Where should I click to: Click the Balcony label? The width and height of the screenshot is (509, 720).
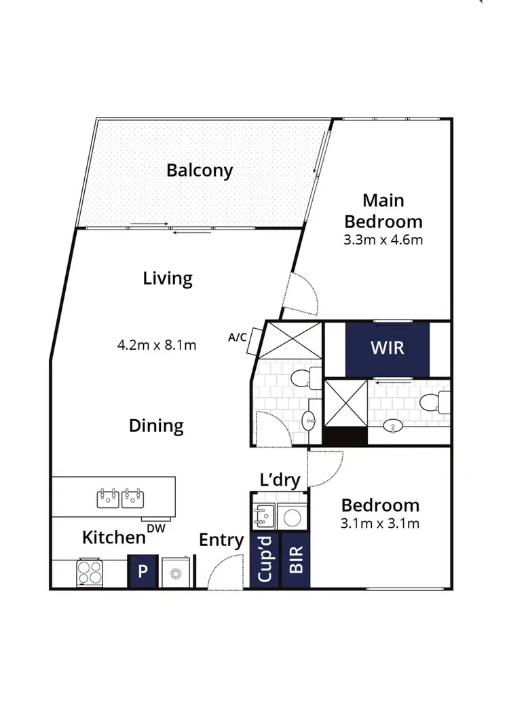coord(200,170)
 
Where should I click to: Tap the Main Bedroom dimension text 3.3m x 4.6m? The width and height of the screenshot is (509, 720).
coord(383,240)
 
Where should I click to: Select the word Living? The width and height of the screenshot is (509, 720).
coord(168,278)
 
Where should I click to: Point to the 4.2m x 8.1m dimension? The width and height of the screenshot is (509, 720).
coord(157,345)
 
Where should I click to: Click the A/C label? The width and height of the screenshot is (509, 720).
coord(237,336)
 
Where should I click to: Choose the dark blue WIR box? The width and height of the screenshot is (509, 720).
coord(387,348)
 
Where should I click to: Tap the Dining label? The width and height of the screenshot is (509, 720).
coord(156,426)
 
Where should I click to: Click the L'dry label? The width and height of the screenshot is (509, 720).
coord(280,480)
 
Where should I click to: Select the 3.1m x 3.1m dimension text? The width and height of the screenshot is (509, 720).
coord(380,523)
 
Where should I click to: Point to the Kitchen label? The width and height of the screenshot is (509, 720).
coord(114,537)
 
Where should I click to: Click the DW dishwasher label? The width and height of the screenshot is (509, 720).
coord(156,527)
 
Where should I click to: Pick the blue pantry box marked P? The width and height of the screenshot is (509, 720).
coord(143,571)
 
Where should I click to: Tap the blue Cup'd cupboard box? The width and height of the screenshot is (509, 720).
coord(265,561)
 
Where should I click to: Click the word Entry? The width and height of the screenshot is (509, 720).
coord(221,540)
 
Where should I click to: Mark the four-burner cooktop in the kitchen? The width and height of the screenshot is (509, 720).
coord(90,572)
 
